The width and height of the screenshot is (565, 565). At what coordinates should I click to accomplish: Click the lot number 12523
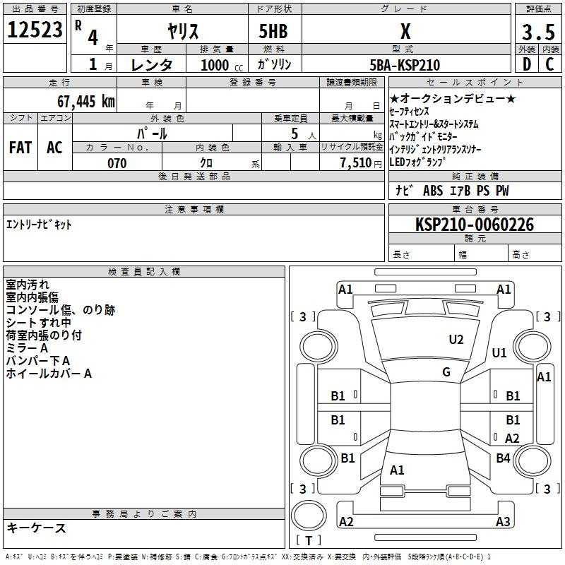(x=35, y=29)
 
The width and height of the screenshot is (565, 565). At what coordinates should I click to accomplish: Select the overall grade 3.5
(x=538, y=32)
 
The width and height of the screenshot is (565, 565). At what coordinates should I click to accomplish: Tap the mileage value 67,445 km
(x=86, y=101)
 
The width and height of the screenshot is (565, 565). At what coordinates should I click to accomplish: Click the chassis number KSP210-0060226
(x=475, y=224)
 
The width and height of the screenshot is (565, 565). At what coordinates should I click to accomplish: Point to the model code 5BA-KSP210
(x=405, y=65)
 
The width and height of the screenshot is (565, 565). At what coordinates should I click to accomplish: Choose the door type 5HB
(x=273, y=31)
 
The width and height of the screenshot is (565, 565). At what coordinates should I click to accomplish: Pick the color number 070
(x=117, y=163)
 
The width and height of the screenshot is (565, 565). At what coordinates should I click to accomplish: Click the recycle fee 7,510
(x=356, y=163)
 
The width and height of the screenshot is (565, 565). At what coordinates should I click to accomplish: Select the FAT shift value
(x=20, y=148)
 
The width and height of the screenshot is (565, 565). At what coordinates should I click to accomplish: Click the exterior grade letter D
(x=527, y=64)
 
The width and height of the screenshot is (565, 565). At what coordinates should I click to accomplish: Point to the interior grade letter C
(x=549, y=64)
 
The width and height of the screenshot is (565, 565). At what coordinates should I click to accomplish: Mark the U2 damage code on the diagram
(x=456, y=340)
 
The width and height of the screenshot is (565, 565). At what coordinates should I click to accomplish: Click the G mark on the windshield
(x=446, y=371)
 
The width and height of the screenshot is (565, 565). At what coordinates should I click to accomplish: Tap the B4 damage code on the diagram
(x=504, y=458)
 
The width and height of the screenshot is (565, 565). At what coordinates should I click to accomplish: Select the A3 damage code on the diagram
(x=503, y=521)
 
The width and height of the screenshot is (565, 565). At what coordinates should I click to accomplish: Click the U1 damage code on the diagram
(x=499, y=352)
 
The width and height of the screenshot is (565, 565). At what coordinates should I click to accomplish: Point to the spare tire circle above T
(x=308, y=516)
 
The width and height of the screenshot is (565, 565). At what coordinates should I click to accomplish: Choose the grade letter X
(x=405, y=31)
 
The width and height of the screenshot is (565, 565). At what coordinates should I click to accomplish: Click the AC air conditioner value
(x=54, y=148)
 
